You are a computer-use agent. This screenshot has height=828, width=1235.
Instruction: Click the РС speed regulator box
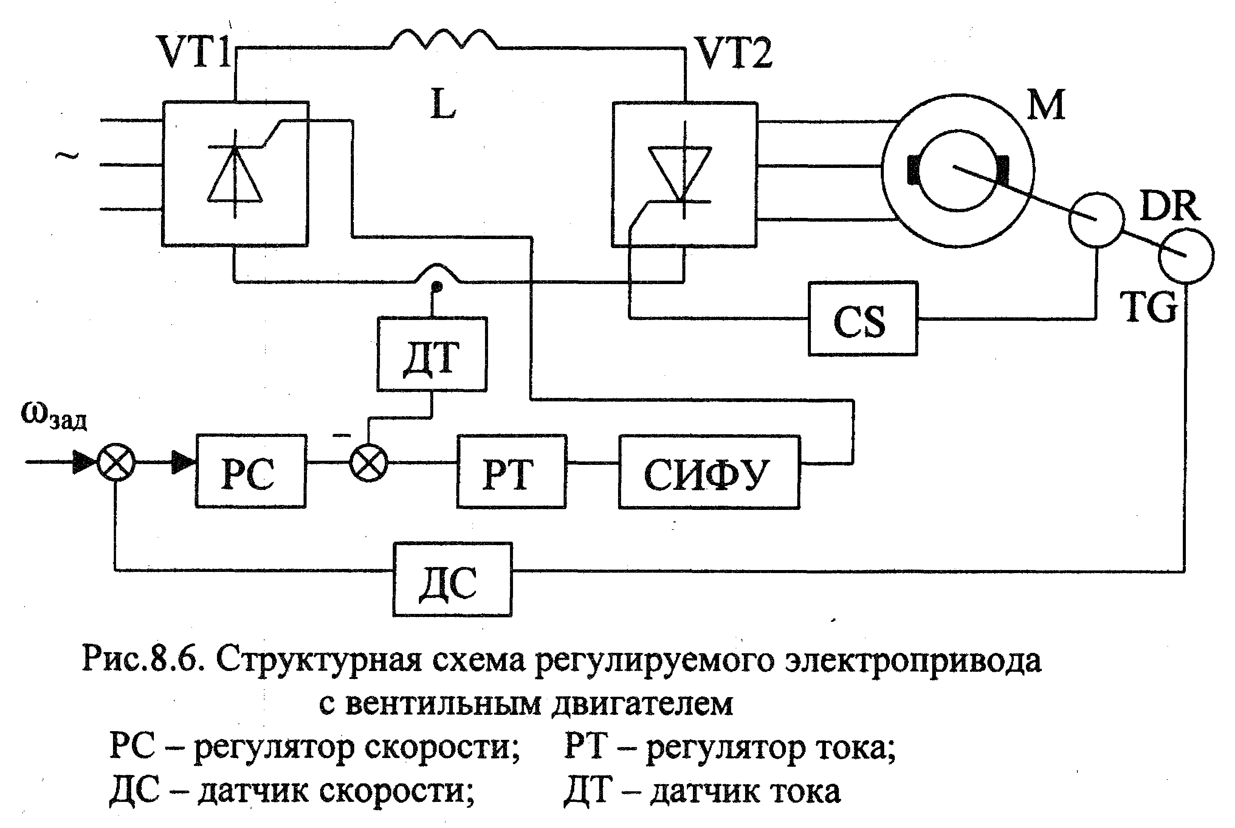click(251, 471)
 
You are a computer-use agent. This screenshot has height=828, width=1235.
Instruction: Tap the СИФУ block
click(709, 472)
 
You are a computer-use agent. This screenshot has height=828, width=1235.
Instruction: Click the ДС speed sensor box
click(452, 579)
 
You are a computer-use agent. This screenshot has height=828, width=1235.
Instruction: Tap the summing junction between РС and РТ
click(369, 463)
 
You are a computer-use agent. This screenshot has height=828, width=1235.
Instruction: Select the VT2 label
click(734, 53)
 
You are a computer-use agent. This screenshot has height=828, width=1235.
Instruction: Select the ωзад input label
click(54, 415)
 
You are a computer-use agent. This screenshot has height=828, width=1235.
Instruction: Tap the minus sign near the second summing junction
click(341, 435)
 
